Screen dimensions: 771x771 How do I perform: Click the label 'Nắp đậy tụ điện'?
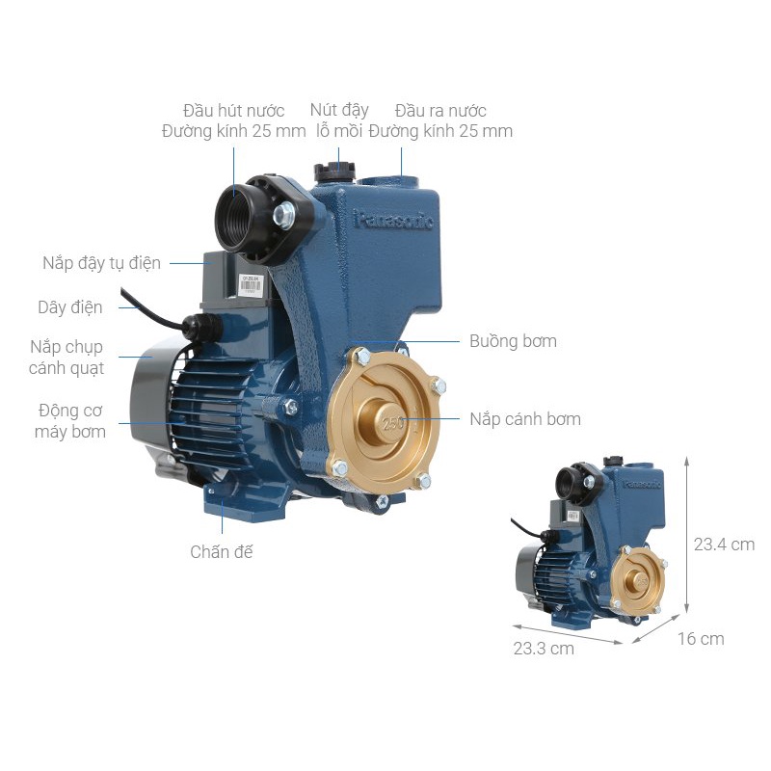point(102,263)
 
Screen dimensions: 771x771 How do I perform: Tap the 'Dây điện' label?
point(70,307)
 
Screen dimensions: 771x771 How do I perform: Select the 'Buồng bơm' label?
point(513,341)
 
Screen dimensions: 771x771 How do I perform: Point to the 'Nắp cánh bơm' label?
point(525,419)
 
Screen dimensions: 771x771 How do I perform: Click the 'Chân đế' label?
point(222,551)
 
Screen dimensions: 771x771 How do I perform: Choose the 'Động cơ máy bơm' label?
point(70,421)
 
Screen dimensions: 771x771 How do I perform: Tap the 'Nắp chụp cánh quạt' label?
point(66,357)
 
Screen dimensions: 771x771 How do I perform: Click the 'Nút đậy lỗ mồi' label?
point(339,120)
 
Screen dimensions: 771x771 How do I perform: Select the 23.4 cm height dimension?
point(724,545)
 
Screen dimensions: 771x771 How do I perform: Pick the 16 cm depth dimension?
point(701,639)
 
